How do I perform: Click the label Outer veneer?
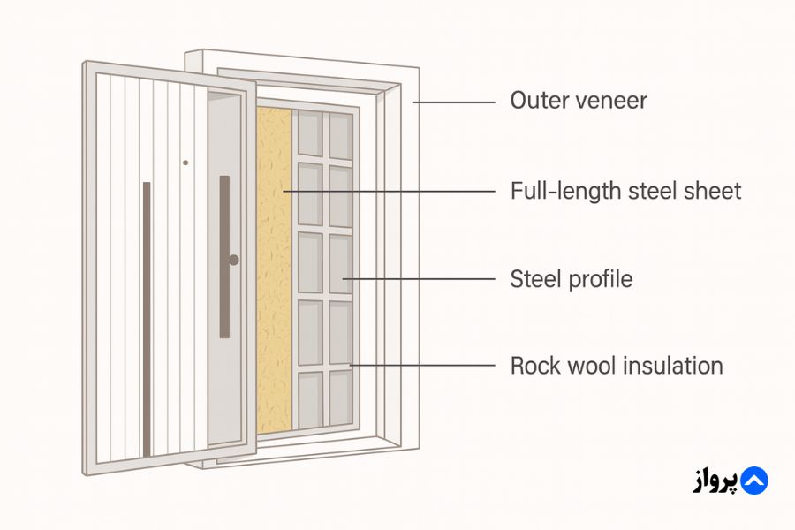coord(578,101)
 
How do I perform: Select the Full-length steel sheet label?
coord(625,191)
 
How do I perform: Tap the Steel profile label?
coord(571,280)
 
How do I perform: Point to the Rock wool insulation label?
coord(616,366)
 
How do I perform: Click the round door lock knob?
coord(233,260)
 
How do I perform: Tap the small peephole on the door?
coord(185,163)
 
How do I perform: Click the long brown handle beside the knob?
coord(224,256)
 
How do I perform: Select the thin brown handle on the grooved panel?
coord(147,318)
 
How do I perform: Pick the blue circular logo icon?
coord(753,481)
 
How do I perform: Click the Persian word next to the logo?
coord(711,481)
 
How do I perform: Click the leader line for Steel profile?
coord(420,280)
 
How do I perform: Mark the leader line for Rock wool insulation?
coord(424,365)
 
